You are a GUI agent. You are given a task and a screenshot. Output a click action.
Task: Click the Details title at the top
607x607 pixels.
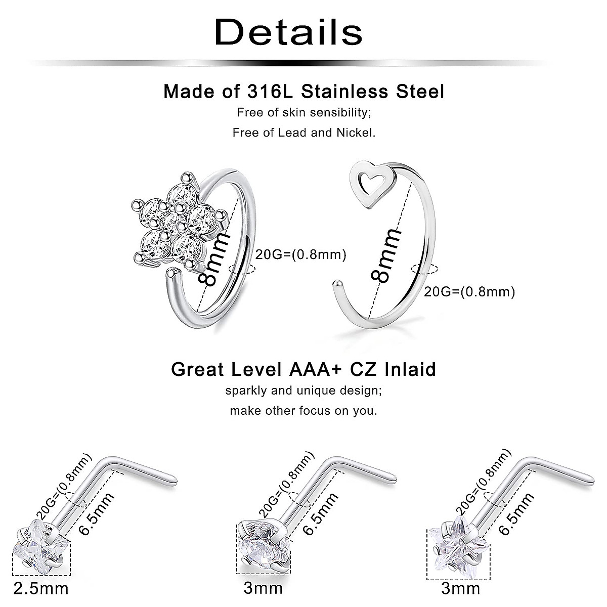pos(289,32)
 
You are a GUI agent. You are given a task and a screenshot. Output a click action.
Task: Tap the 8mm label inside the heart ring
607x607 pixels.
pos(387,255)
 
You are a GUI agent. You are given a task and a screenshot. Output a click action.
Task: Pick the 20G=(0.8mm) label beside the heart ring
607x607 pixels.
pos(469,291)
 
